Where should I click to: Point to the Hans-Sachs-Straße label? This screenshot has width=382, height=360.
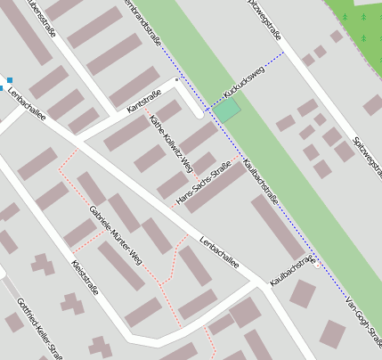pos(205,184)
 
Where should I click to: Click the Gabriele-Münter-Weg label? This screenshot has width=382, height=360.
pos(116,236)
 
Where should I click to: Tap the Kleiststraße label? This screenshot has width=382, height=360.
pos(85,279)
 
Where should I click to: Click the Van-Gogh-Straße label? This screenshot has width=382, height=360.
pos(363,313)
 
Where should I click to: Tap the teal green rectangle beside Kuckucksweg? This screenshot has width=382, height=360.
pos(229,110)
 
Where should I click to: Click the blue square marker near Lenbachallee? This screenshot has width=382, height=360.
pos(10,81)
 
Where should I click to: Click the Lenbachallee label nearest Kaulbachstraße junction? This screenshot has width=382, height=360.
pos(219,251)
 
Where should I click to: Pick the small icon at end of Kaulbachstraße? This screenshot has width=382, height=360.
pos(317,263)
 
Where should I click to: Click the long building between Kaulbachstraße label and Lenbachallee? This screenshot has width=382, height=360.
pos(277,227)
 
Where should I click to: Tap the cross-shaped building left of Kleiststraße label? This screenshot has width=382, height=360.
pos(41,264)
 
